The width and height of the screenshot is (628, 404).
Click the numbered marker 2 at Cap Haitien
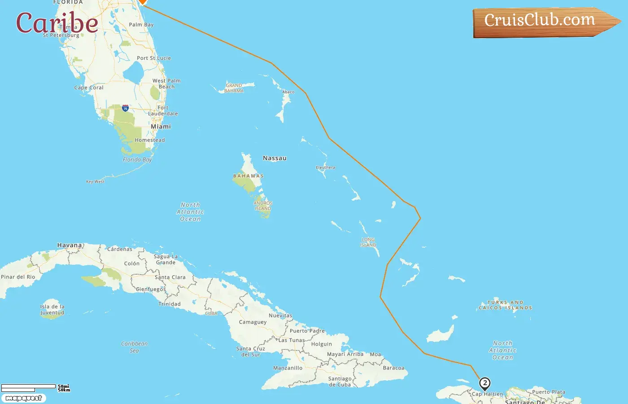484,383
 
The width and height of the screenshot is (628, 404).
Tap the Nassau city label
275,158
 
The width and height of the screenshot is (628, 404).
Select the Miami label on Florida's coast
161,127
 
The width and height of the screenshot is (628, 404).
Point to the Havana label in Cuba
70,245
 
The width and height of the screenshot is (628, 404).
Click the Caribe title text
57,23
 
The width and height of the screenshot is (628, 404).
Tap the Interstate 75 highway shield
125,108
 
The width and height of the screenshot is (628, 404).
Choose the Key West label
95,182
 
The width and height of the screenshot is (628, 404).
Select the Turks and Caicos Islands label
506,305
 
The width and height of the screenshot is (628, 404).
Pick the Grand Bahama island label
234,88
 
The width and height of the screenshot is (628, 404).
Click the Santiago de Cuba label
340,382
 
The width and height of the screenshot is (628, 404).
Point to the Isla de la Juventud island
52,310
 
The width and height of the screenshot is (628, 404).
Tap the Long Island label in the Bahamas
368,242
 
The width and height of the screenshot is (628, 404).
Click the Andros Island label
263,206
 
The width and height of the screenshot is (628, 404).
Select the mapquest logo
23,398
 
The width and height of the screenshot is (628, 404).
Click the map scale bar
29,388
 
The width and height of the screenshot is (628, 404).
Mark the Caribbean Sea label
134,347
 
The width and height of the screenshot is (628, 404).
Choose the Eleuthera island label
325,167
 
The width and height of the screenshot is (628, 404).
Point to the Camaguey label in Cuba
253,322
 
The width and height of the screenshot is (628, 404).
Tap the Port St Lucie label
154,58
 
